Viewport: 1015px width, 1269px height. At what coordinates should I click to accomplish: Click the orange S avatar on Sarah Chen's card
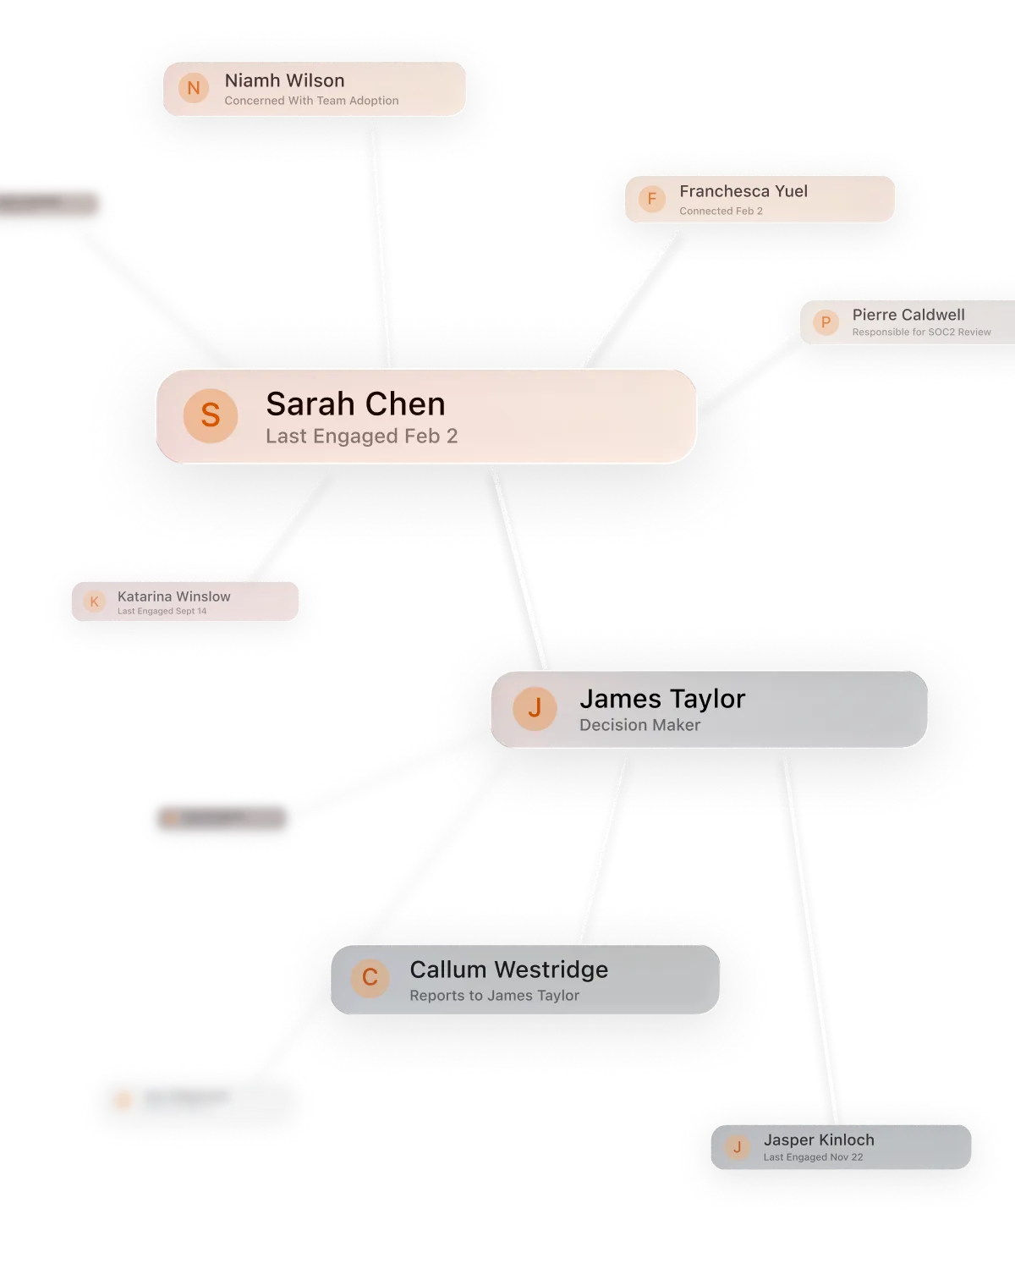click(211, 415)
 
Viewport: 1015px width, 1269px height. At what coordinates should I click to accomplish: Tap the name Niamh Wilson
click(284, 80)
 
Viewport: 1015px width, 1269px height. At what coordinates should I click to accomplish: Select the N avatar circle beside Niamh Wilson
click(194, 88)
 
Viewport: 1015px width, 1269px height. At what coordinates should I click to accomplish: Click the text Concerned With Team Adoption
click(311, 101)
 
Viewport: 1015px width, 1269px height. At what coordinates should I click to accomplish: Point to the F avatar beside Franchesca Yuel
click(651, 199)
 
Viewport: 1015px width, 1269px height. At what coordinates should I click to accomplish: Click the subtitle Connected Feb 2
click(721, 211)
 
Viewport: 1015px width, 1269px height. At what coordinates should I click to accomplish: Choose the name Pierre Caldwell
click(908, 315)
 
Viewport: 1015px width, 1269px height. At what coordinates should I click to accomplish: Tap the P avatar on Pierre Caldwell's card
click(826, 322)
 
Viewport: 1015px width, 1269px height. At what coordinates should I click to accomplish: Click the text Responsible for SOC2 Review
click(921, 332)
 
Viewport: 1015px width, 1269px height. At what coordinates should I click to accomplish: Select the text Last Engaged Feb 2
click(361, 437)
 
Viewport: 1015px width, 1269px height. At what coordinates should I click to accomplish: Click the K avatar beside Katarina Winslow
click(94, 602)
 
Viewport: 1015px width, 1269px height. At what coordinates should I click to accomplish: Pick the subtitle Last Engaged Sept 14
click(162, 611)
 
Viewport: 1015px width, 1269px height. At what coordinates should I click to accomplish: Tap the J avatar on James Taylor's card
click(535, 708)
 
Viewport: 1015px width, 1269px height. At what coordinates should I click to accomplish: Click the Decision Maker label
click(639, 725)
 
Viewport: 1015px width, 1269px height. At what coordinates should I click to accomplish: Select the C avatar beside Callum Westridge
click(370, 978)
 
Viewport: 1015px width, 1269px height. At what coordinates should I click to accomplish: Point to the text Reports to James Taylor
click(494, 996)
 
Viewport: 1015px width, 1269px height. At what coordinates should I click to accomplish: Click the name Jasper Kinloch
click(819, 1140)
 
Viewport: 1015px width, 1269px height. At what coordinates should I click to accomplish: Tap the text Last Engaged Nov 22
click(813, 1157)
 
